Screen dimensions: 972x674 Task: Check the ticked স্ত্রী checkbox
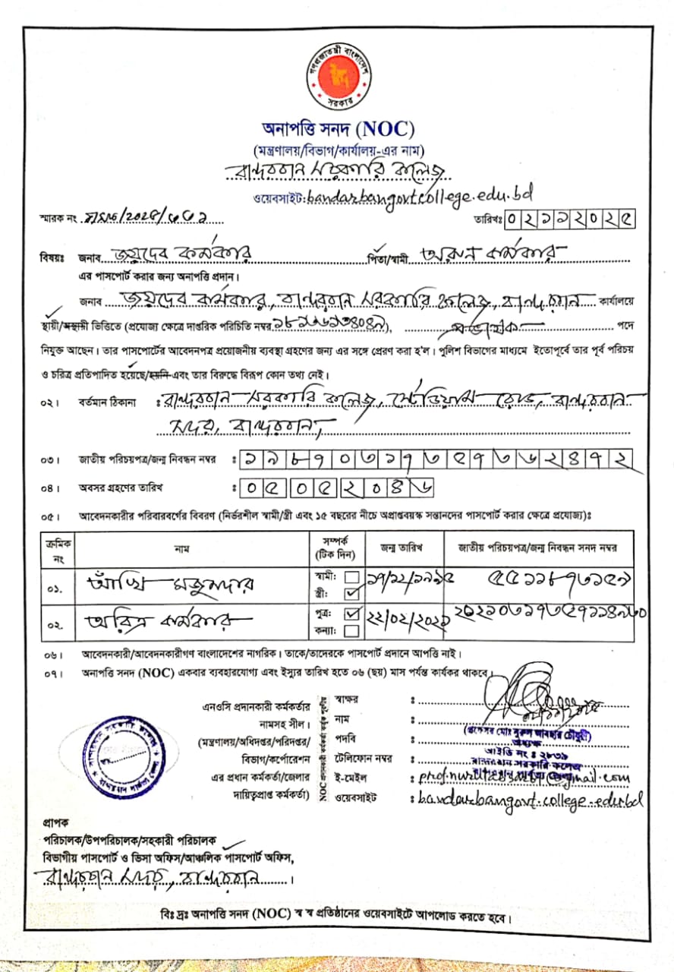[351, 592]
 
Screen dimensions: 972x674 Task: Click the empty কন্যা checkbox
[351, 630]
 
